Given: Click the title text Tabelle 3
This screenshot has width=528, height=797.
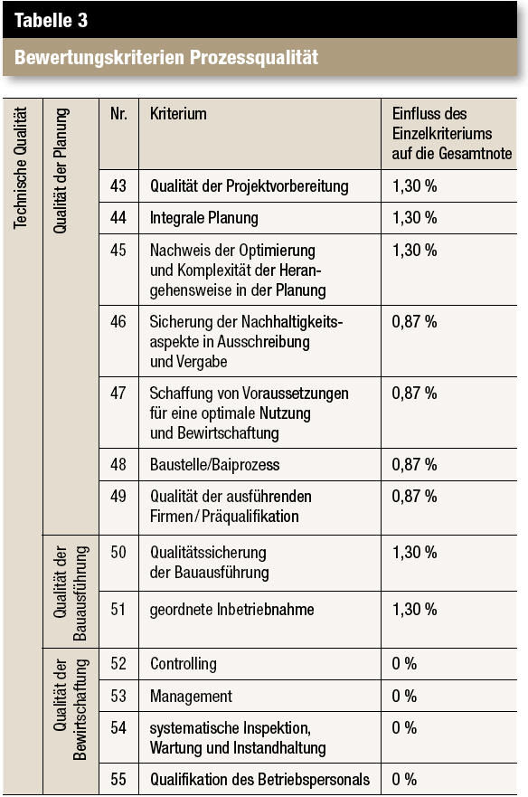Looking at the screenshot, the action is [51, 20].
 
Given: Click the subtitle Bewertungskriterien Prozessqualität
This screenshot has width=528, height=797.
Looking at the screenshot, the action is [166, 57].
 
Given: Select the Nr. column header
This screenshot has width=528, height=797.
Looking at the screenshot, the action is [118, 113].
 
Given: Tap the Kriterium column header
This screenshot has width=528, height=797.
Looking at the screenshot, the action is [178, 114].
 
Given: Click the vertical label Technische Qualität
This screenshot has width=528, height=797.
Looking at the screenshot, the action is [20, 167].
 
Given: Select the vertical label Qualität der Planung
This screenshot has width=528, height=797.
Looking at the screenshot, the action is [60, 170].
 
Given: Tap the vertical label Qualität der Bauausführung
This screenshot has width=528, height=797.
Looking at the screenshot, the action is [71, 593].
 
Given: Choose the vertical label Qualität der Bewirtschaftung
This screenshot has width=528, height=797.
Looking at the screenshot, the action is [71, 709].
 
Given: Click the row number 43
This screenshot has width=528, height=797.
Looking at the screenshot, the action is [118, 185].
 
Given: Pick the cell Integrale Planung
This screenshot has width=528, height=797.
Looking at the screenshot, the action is [203, 218].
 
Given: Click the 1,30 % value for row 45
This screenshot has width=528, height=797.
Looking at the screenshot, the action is [414, 250].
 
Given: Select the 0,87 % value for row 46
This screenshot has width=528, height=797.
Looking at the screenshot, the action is [414, 322].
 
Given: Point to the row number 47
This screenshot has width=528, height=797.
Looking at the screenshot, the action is [118, 393].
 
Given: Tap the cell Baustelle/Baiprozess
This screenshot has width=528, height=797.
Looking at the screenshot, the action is [214, 465].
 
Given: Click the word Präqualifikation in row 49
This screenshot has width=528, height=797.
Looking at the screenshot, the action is [250, 517].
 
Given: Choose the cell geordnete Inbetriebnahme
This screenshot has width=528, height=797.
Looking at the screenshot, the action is [231, 610].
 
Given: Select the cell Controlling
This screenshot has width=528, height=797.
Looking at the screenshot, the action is [184, 664].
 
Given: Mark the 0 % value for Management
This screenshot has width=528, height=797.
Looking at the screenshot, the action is [404, 696].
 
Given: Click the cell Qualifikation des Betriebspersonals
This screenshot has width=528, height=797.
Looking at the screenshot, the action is [259, 779].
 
